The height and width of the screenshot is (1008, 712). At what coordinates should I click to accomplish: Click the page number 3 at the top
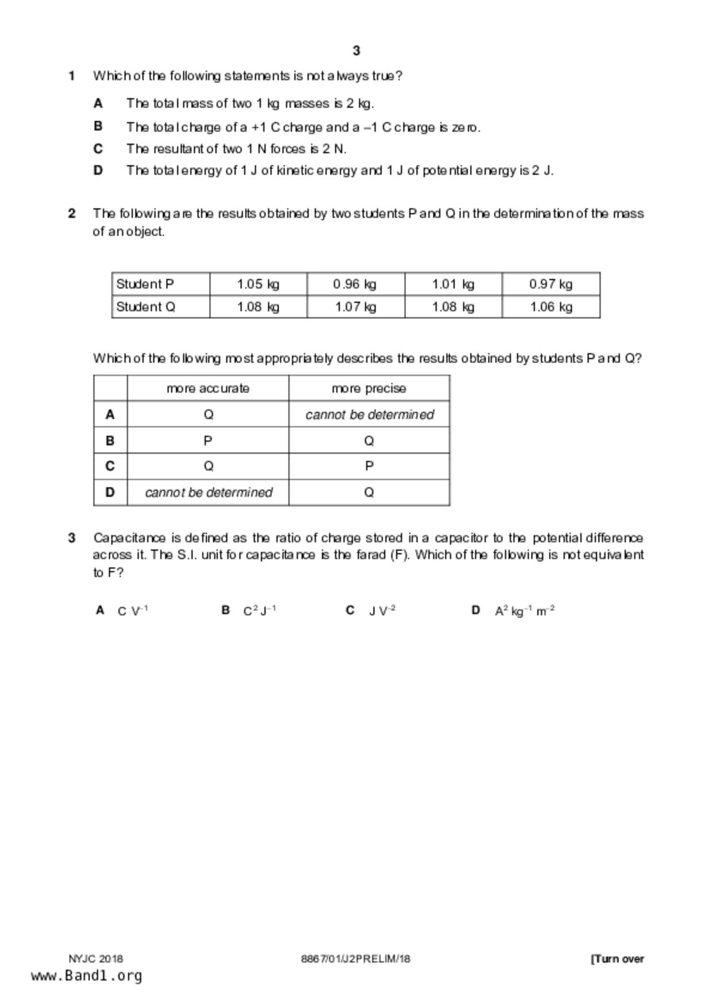tap(356, 51)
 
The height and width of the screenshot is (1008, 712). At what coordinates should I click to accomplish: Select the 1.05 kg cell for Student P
tap(258, 284)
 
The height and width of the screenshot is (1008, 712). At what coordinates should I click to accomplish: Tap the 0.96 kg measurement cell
tap(355, 284)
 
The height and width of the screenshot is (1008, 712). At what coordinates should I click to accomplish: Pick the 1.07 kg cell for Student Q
tap(355, 307)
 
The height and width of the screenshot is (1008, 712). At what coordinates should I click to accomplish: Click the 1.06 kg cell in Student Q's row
tap(551, 307)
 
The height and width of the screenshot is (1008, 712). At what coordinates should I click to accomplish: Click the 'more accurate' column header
tap(208, 388)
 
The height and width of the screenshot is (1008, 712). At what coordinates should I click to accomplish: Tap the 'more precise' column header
tap(369, 388)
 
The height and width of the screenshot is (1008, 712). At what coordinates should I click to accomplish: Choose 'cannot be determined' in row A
tap(370, 414)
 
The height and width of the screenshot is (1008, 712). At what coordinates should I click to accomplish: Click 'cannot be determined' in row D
tap(209, 493)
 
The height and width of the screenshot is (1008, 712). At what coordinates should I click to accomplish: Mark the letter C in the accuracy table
tap(110, 466)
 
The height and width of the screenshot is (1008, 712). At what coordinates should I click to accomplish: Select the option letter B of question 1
tap(98, 126)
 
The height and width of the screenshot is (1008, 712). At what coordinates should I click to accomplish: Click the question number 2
tap(72, 214)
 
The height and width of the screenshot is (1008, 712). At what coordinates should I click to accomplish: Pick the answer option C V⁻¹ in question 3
tap(133, 611)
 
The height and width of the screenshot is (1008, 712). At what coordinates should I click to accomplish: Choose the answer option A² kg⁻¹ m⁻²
tap(525, 611)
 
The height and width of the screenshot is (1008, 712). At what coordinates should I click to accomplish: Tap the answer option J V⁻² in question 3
tap(382, 611)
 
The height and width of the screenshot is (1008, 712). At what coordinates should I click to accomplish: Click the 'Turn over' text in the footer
tap(618, 959)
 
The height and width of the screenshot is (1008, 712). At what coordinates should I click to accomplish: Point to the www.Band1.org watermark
tap(87, 976)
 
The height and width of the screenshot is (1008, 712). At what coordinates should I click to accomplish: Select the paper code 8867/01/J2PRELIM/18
tap(356, 959)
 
